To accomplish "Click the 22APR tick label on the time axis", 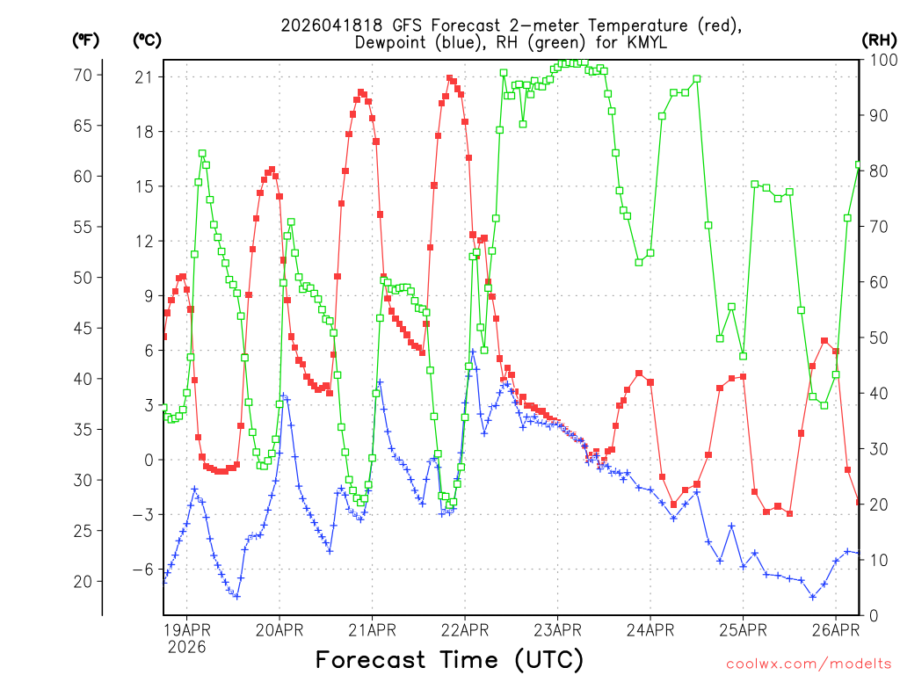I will (465, 628).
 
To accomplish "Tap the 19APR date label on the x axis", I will (186, 628).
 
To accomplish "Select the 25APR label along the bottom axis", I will (743, 628).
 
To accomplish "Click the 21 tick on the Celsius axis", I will (144, 77).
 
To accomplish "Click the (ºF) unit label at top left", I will (85, 40).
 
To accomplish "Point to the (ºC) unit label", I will (147, 40).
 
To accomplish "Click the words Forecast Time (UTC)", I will (449, 658).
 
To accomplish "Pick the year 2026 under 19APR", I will (186, 647).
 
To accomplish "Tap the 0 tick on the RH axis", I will (874, 615).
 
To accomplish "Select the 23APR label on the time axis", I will (557, 628).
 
